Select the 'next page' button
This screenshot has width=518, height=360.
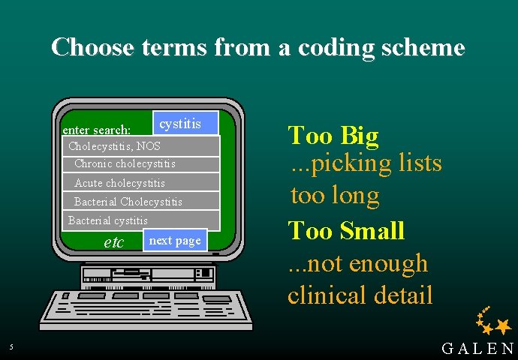[175, 240]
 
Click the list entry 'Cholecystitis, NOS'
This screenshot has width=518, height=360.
[114, 146]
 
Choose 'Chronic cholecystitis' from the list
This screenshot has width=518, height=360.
[125, 163]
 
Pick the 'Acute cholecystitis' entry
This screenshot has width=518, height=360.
[119, 183]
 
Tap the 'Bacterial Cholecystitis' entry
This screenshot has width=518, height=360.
[128, 202]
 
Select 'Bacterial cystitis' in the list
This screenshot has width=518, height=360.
[108, 220]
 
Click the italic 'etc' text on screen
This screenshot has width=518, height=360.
[113, 242]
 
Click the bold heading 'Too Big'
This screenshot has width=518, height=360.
[333, 136]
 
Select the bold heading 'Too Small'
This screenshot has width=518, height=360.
[346, 230]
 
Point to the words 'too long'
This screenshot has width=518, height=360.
[335, 196]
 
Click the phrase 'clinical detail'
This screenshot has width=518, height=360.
[360, 295]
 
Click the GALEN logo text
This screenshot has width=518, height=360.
[477, 348]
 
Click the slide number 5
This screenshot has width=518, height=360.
[11, 346]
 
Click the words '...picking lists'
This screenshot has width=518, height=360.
[366, 163]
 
